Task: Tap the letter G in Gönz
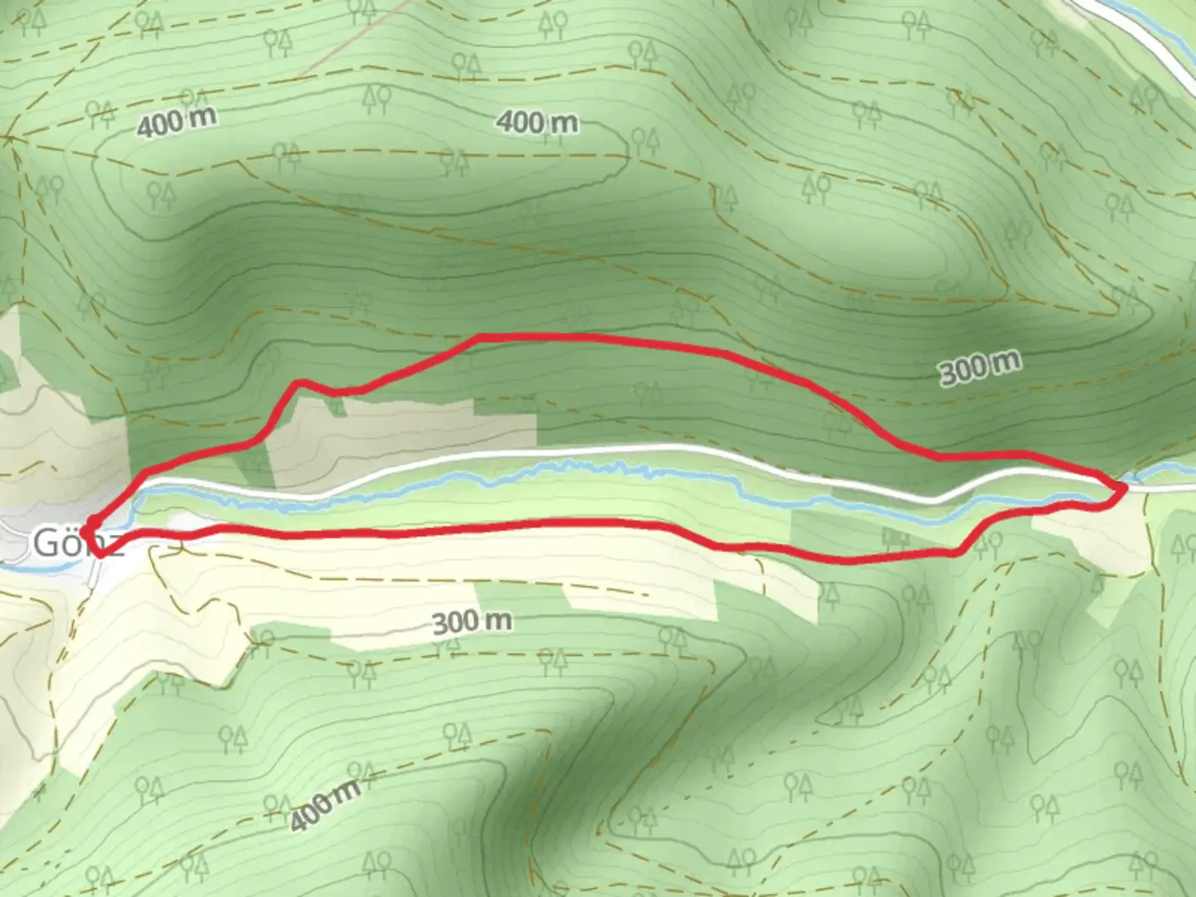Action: pos(47,543)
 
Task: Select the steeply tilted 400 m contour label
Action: pos(325,804)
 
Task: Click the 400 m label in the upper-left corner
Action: pos(176,122)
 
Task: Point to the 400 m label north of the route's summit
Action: pos(537,123)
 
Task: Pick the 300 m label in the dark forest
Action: pos(980,367)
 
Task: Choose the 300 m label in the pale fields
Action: pos(472,621)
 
